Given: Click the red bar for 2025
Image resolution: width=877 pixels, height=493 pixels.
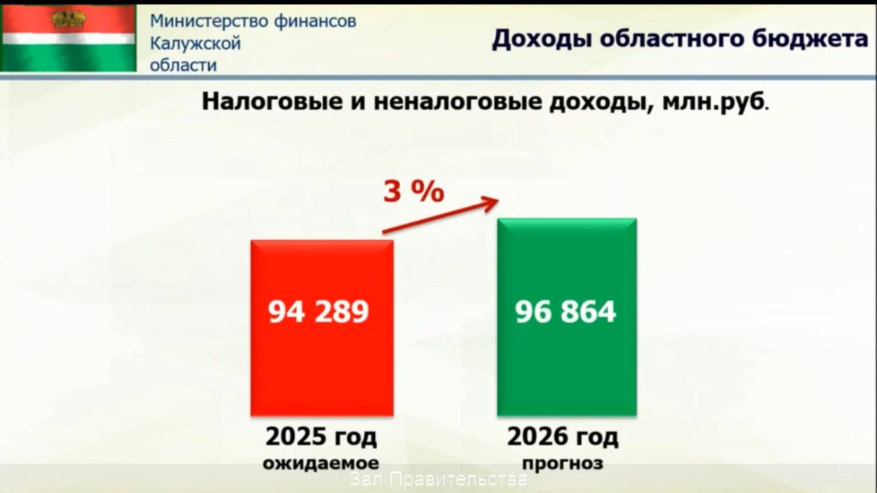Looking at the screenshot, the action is pyautogui.click(x=322, y=328).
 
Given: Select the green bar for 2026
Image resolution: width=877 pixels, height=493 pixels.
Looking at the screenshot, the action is pyautogui.click(x=567, y=317).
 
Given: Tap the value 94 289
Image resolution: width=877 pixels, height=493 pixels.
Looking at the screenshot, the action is pyautogui.click(x=318, y=312).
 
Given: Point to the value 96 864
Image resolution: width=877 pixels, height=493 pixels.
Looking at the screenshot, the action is pyautogui.click(x=565, y=312).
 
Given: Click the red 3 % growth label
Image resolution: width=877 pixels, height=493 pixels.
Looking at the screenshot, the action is pyautogui.click(x=414, y=191).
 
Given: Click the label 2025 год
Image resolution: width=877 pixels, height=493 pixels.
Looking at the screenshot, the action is pyautogui.click(x=321, y=436).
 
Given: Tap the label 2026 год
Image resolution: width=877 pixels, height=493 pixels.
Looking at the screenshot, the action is pyautogui.click(x=562, y=436).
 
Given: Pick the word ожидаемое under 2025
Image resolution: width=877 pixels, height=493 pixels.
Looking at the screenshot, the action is pyautogui.click(x=321, y=463).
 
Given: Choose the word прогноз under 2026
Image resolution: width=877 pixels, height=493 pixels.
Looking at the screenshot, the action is pyautogui.click(x=562, y=463).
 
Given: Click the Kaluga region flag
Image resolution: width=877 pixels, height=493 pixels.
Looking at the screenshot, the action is pyautogui.click(x=68, y=38).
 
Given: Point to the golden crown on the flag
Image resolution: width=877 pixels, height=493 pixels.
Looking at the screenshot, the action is pyautogui.click(x=68, y=19).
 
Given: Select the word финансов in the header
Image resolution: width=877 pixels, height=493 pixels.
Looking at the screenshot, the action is pyautogui.click(x=315, y=21).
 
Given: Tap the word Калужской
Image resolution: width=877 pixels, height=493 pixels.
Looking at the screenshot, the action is pyautogui.click(x=195, y=43).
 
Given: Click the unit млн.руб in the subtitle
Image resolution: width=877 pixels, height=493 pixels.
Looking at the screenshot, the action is pyautogui.click(x=713, y=102).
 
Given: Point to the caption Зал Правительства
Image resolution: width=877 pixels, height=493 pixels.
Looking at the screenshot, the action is pyautogui.click(x=439, y=479).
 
